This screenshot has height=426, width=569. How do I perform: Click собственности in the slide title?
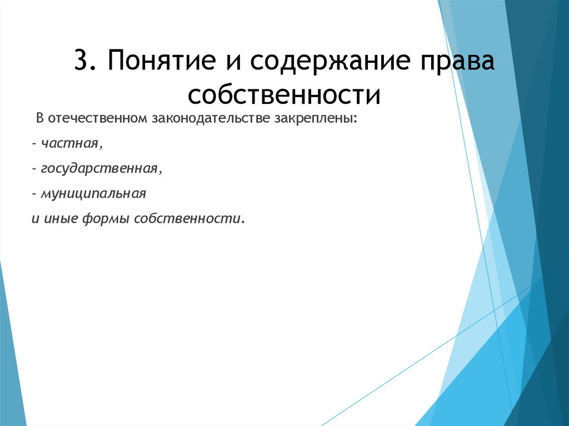pos(284,94)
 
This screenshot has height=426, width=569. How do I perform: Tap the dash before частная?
pos(34,144)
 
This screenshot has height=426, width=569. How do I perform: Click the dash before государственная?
pos(34,169)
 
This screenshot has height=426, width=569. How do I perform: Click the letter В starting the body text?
pos(40,119)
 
